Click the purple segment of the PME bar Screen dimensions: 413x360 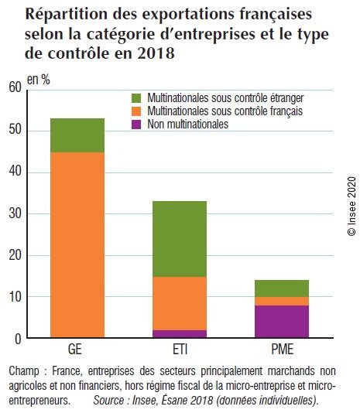281,322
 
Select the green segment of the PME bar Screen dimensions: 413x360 281,288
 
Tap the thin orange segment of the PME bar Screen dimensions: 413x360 281,301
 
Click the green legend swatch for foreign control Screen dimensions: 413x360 137,98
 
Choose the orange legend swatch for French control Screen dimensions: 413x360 137,111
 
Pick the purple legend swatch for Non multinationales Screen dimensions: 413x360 137,124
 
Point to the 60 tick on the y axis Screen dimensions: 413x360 13,89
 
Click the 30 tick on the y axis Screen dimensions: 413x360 13,213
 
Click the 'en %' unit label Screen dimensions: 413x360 39,80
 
